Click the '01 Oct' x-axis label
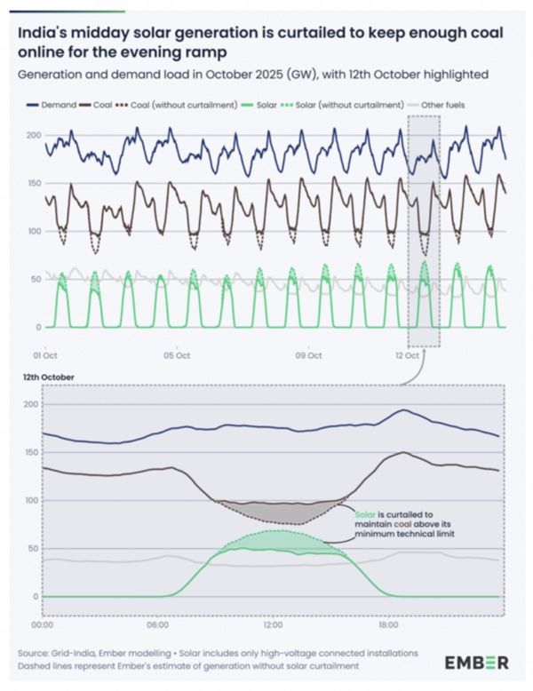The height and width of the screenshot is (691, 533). [46, 355]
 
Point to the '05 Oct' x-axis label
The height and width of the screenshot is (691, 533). [177, 355]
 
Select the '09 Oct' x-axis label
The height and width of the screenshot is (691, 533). [307, 355]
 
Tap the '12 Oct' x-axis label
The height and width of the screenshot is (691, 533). [405, 355]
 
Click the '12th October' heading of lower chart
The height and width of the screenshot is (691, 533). [50, 377]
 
